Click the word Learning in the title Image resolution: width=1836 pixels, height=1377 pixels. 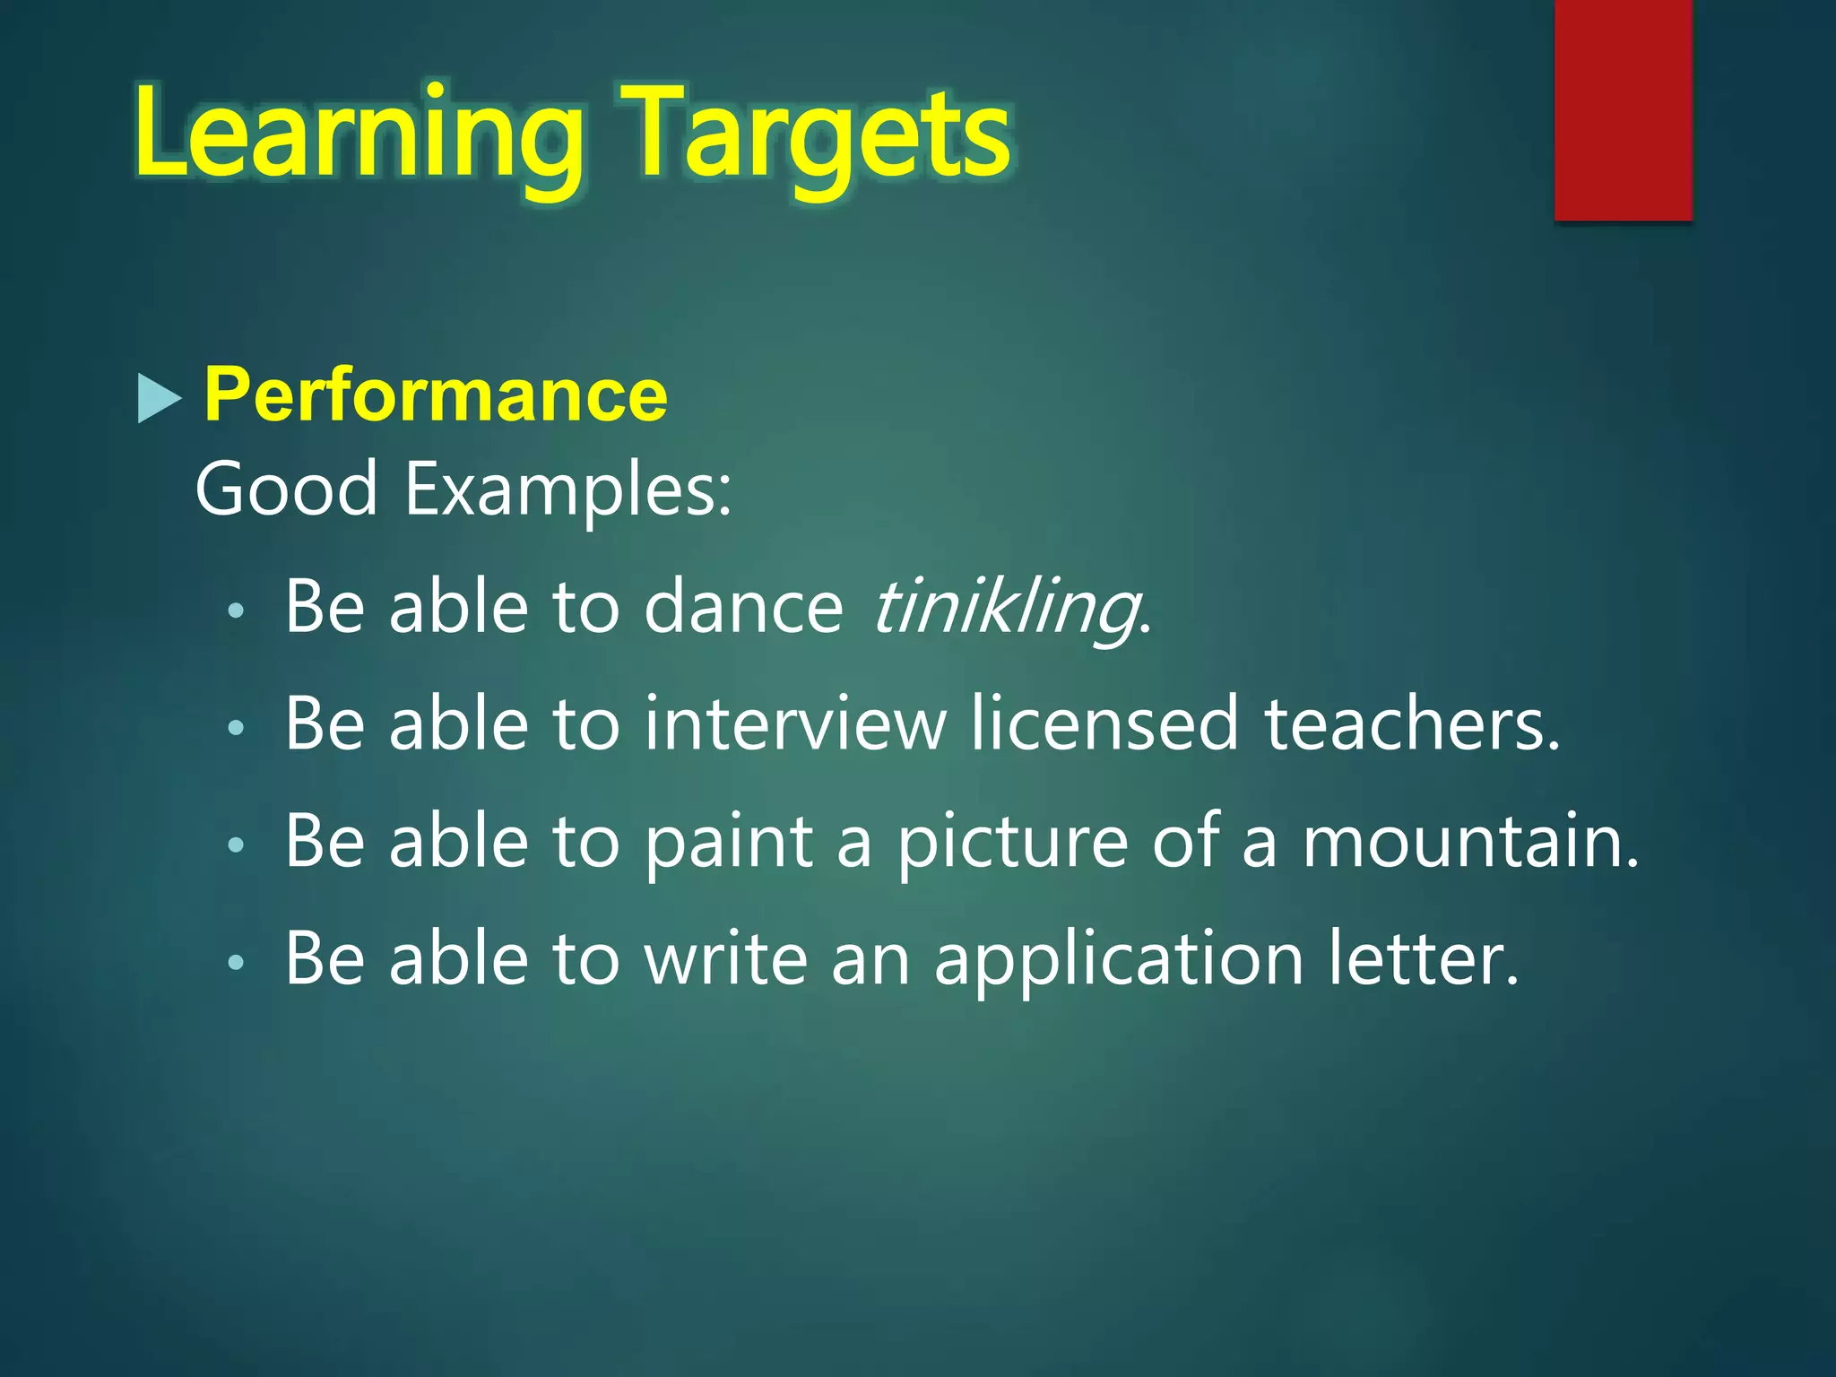tap(359, 134)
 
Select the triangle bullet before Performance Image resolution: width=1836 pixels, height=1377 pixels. tap(159, 398)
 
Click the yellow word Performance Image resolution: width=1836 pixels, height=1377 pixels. tap(436, 394)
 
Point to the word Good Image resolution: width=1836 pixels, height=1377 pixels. tap(286, 489)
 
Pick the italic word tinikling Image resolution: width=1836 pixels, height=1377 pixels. tap(1005, 608)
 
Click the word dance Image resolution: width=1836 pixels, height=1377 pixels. tap(743, 608)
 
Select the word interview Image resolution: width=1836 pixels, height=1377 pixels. tap(794, 724)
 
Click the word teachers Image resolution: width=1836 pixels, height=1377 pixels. tap(1411, 724)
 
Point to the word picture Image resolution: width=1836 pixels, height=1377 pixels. tap(1013, 843)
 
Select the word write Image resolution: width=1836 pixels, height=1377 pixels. tap(726, 959)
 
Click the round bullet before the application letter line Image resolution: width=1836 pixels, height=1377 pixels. tap(236, 963)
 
